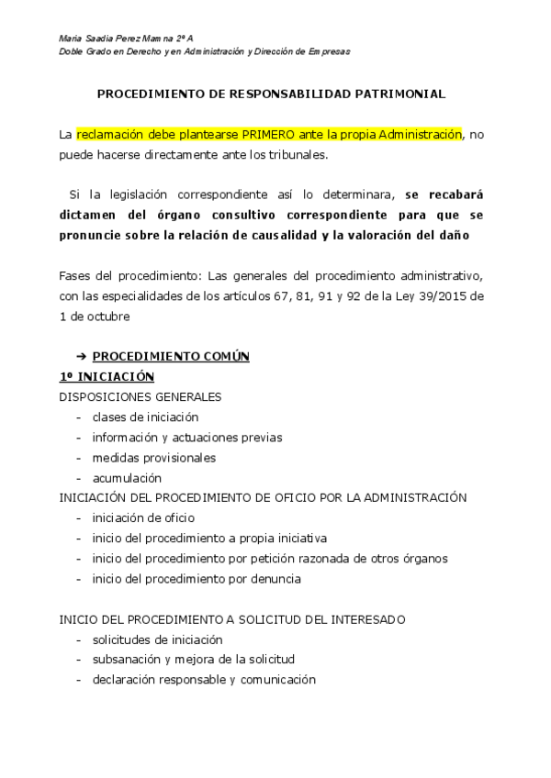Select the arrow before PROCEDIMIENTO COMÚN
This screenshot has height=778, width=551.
(80, 356)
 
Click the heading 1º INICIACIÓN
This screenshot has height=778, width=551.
(107, 376)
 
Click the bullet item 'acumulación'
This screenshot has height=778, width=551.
(127, 478)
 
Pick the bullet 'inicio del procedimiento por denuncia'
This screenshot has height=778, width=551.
(197, 579)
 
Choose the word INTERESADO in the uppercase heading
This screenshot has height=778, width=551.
(365, 619)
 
